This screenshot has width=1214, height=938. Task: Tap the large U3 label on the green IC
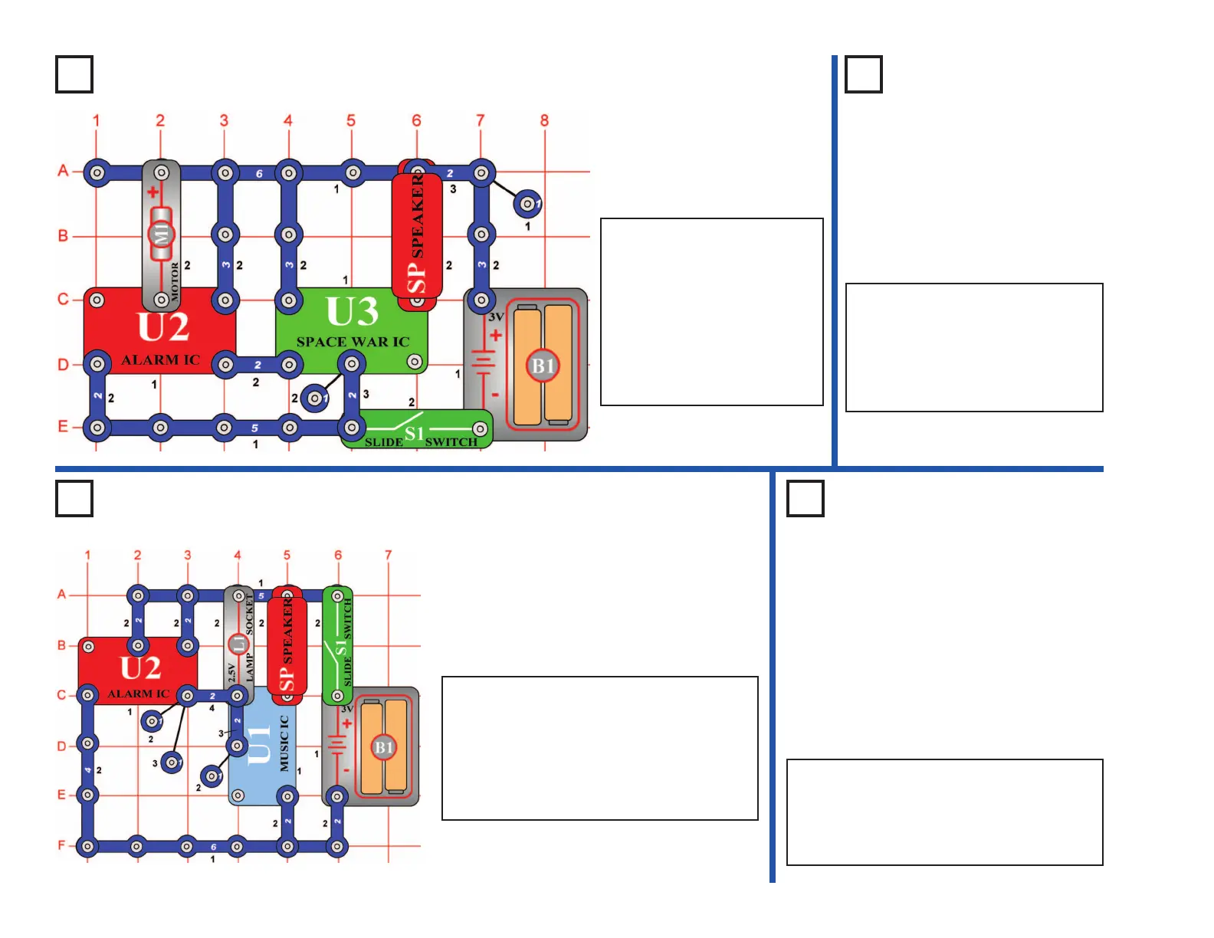tap(352, 312)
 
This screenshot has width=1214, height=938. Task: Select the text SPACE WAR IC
tap(353, 342)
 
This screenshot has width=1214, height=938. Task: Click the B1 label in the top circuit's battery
tap(543, 366)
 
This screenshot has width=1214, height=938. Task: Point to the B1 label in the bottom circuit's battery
tap(384, 747)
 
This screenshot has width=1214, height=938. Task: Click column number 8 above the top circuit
tap(544, 120)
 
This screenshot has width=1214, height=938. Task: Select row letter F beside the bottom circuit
tap(61, 845)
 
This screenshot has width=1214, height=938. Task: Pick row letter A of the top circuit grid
tap(63, 170)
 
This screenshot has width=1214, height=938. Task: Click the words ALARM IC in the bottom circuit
tap(138, 694)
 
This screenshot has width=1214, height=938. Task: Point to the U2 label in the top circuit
tap(163, 327)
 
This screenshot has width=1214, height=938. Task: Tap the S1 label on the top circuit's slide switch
tap(414, 434)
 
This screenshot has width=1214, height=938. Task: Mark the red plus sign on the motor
tap(153, 192)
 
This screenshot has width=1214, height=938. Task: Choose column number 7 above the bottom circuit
tap(388, 555)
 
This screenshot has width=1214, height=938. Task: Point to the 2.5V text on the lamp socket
tap(231, 673)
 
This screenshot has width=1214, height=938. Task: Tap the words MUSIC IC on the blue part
tap(284, 743)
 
